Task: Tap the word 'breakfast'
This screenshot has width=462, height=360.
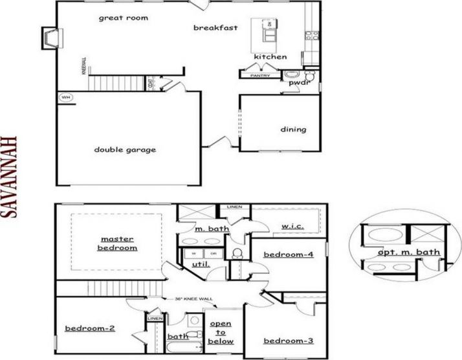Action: coord(215,27)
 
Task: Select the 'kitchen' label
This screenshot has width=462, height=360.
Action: coord(270,57)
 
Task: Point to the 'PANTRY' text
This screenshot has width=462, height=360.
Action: coord(256,76)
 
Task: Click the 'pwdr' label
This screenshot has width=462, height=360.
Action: coord(298,83)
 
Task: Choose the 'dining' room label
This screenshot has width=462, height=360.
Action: coord(293,129)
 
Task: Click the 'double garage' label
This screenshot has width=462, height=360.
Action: coord(125,150)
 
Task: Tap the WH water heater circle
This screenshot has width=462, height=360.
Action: coord(65,98)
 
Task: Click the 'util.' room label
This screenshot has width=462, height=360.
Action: coord(200,265)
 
